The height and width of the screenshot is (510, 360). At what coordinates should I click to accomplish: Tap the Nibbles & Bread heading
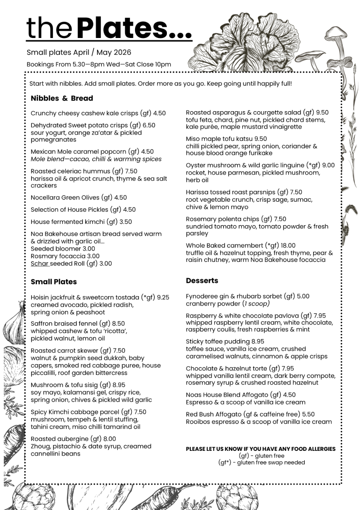(62, 99)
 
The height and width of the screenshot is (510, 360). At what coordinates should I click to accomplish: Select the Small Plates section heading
(53, 282)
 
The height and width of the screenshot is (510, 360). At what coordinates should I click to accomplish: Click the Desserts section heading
(202, 281)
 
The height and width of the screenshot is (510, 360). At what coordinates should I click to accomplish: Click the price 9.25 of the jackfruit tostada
(163, 297)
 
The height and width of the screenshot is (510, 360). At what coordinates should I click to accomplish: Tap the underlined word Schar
(39, 264)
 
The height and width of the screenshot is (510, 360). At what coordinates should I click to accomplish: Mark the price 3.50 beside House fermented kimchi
(125, 222)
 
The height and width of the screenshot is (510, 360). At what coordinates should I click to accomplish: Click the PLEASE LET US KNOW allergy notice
(261, 449)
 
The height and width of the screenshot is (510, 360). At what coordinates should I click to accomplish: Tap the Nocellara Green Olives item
(72, 198)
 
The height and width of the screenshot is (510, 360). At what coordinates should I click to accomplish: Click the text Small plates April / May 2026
(79, 53)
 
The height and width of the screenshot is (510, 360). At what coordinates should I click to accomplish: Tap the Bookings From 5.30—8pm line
(98, 64)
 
